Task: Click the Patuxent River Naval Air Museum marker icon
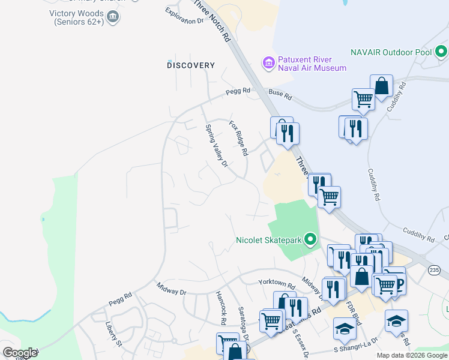tap(268, 62)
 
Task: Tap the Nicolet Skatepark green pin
tap(310, 240)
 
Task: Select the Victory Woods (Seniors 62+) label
tap(79, 17)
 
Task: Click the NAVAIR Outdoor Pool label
tap(391, 52)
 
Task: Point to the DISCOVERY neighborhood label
tap(191, 65)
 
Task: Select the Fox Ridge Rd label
tap(238, 138)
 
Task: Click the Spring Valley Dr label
tap(217, 146)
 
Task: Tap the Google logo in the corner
tap(20, 353)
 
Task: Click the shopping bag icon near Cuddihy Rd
tap(381, 85)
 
